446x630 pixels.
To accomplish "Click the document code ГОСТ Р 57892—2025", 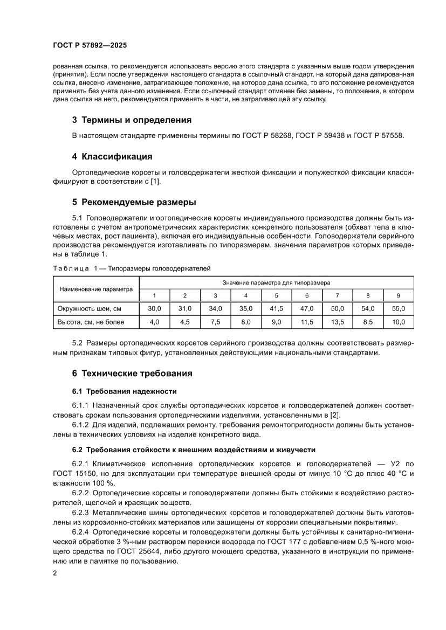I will click(x=90, y=46).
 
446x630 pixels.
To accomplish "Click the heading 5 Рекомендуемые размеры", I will click(x=134, y=203).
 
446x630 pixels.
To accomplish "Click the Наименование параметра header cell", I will click(x=96, y=289).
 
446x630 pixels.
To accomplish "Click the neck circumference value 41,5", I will click(x=276, y=309).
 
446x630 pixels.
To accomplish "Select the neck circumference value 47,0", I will click(x=307, y=309).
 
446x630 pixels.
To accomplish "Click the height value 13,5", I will click(x=337, y=322).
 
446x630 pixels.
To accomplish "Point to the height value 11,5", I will click(x=307, y=322).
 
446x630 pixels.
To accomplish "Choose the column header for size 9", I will click(x=398, y=295).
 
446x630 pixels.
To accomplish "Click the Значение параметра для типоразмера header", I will click(x=276, y=282).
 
